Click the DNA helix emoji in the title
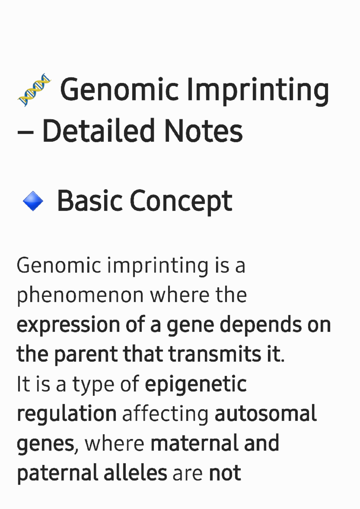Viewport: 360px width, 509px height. [34, 90]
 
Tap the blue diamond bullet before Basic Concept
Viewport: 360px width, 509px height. [33, 201]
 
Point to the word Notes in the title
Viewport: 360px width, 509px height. [203, 131]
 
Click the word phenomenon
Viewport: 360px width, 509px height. [80, 297]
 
